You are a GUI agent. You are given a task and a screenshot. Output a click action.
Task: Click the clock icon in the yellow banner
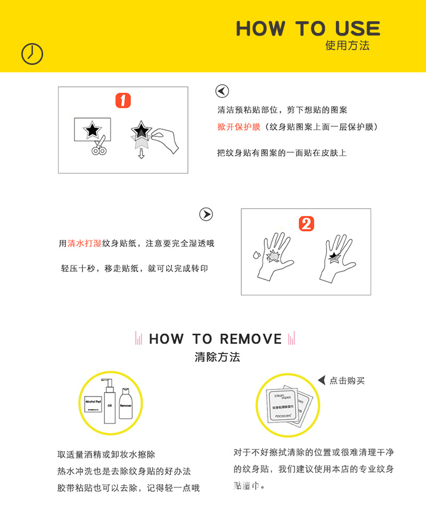pyautogui.click(x=32, y=54)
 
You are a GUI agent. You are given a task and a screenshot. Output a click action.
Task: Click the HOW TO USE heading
pyautogui.click(x=308, y=28)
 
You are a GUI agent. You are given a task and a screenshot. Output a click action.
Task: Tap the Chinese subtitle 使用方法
pyautogui.click(x=347, y=46)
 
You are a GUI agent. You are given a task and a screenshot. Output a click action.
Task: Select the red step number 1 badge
pyautogui.click(x=123, y=101)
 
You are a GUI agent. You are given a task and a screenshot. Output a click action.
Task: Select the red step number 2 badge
pyautogui.click(x=306, y=223)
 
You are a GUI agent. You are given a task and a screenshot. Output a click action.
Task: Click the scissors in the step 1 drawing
pyautogui.click(x=97, y=147)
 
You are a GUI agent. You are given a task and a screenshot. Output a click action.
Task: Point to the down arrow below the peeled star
pyautogui.click(x=141, y=154)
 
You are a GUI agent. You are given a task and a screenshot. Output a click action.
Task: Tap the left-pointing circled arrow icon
pyautogui.click(x=222, y=91)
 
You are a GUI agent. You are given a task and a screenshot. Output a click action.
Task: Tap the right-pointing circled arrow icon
pyautogui.click(x=206, y=214)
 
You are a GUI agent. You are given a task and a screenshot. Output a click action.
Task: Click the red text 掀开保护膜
pyautogui.click(x=239, y=127)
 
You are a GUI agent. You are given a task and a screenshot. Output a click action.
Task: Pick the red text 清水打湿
pyautogui.click(x=84, y=243)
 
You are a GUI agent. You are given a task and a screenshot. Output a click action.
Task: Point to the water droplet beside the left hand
pyautogui.click(x=257, y=254)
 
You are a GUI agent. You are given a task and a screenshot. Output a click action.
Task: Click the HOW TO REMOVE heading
pyautogui.click(x=215, y=339)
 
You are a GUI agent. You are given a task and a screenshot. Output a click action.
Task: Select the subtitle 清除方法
pyautogui.click(x=217, y=357)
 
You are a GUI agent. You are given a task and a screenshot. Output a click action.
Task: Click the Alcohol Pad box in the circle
pyautogui.click(x=92, y=405)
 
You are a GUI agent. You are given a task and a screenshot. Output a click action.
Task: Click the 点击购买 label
pyautogui.click(x=347, y=380)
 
